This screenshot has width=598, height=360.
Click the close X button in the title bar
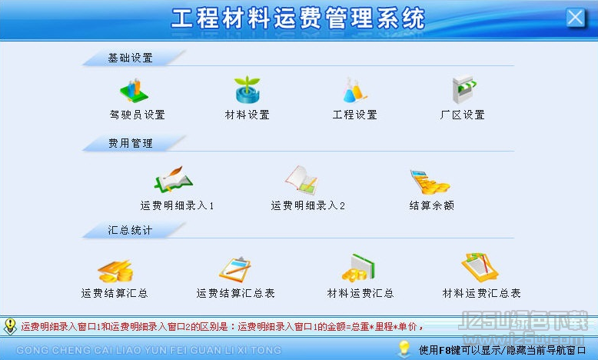pyautogui.click(x=575, y=18)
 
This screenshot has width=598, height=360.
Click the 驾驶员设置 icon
pyautogui.click(x=134, y=91)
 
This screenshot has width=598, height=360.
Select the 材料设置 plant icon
pyautogui.click(x=248, y=90)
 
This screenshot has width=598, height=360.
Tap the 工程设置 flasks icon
pyautogui.click(x=354, y=91)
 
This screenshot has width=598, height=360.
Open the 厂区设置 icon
pyautogui.click(x=463, y=90)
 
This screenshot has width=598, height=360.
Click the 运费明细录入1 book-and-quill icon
pyautogui.click(x=174, y=179)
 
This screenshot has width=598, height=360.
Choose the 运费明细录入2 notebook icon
pyautogui.click(x=301, y=179)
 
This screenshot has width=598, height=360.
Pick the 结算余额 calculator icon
pyautogui.click(x=430, y=182)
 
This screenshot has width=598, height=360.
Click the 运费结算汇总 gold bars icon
pyautogui.click(x=115, y=271)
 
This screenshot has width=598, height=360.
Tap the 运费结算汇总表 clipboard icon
pyautogui.click(x=235, y=269)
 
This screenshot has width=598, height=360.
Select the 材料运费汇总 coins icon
pyautogui.click(x=358, y=268)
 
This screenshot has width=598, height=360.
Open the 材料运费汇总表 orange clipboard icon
pyautogui.click(x=480, y=267)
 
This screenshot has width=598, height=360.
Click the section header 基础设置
pyautogui.click(x=131, y=58)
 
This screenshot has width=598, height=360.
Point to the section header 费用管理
pyautogui.click(x=131, y=144)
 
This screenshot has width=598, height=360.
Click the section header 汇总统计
pyautogui.click(x=130, y=230)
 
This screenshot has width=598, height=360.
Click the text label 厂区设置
pyautogui.click(x=462, y=115)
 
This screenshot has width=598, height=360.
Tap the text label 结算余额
pyautogui.click(x=432, y=205)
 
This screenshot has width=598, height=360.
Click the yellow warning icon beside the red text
pyautogui.click(x=10, y=327)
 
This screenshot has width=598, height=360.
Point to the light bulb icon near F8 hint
pyautogui.click(x=404, y=348)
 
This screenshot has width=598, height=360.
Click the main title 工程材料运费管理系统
pyautogui.click(x=298, y=18)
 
